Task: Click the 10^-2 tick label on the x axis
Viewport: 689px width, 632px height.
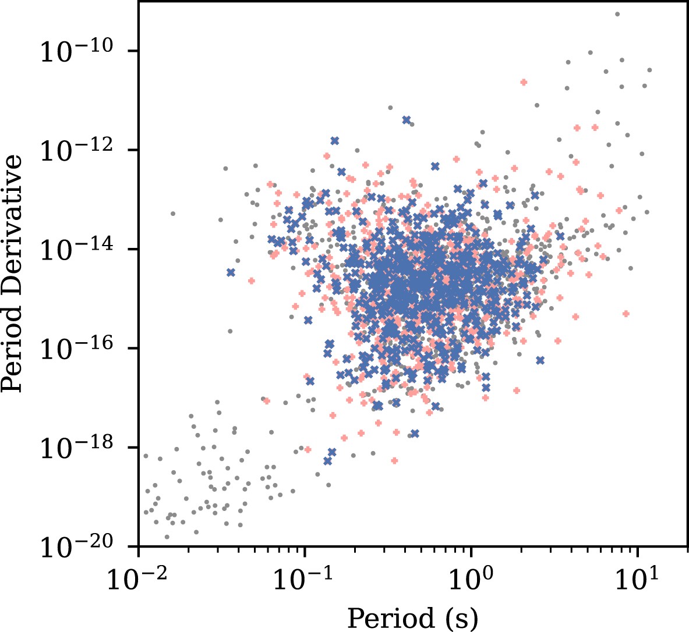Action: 139,579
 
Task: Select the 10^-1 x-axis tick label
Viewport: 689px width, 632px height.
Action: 305,579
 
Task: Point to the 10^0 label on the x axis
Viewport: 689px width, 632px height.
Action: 471,579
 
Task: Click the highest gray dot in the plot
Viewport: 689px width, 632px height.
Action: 617,14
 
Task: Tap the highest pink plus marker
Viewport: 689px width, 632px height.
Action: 524,82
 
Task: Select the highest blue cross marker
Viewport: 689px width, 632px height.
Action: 406,119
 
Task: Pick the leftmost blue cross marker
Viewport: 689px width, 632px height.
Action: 231,272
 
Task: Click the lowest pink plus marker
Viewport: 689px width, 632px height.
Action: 394,460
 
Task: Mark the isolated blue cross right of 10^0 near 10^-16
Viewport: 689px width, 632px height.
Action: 540,360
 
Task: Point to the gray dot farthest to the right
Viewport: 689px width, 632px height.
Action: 649,70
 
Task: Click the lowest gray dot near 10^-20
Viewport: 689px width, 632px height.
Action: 167,537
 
